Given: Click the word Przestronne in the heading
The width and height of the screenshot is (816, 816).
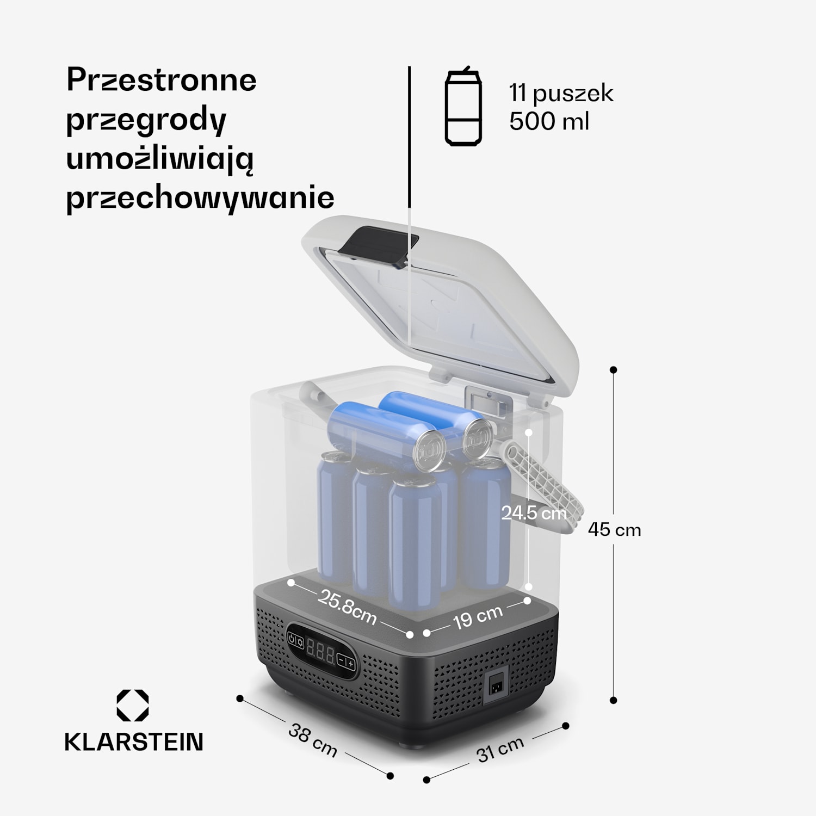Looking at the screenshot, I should pyautogui.click(x=161, y=81).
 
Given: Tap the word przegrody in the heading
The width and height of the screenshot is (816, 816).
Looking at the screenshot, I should pyautogui.click(x=146, y=120).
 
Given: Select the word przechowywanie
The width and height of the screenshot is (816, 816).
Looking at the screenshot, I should pyautogui.click(x=200, y=198).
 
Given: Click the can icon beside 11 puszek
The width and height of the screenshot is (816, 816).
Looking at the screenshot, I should pyautogui.click(x=463, y=107).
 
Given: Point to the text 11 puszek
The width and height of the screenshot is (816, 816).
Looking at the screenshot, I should pyautogui.click(x=561, y=94).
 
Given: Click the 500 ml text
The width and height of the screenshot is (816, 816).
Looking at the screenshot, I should pyautogui.click(x=549, y=121).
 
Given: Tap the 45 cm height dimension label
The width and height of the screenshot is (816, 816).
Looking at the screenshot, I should pyautogui.click(x=614, y=530).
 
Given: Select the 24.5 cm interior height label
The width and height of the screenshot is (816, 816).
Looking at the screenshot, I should pyautogui.click(x=534, y=513).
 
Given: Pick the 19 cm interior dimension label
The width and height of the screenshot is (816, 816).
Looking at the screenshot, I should pyautogui.click(x=478, y=617).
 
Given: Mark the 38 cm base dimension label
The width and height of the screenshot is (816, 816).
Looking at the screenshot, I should pyautogui.click(x=313, y=740).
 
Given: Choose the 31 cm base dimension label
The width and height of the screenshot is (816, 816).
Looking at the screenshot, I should pyautogui.click(x=500, y=750).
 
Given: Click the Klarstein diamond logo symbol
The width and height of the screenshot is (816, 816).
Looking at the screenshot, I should pyautogui.click(x=133, y=706).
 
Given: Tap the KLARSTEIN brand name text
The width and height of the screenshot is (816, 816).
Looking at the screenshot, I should pyautogui.click(x=134, y=742).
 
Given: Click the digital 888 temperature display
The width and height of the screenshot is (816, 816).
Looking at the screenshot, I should pyautogui.click(x=321, y=651).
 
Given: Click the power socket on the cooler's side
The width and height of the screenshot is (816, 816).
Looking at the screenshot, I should pyautogui.click(x=496, y=683).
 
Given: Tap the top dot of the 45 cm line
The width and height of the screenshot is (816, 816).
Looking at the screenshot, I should pyautogui.click(x=614, y=370).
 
